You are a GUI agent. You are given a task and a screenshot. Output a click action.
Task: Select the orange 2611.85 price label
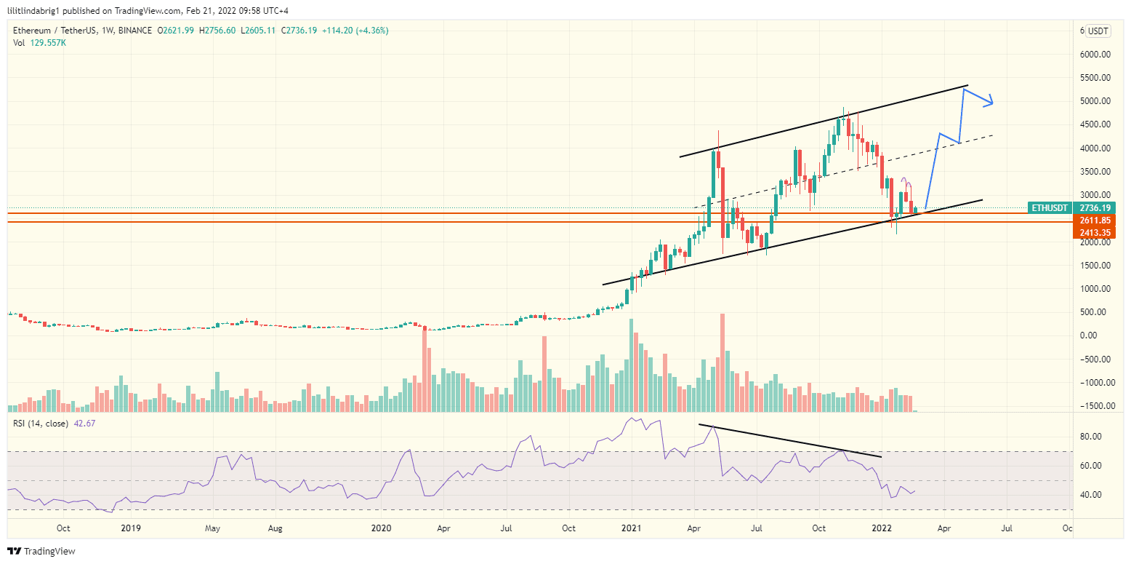click(x=1093, y=221)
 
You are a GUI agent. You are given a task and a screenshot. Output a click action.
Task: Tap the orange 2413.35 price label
click(x=1093, y=233)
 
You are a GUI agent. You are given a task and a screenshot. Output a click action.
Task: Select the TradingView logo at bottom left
click(x=41, y=551)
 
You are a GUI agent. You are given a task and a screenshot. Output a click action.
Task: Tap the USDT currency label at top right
click(x=1098, y=31)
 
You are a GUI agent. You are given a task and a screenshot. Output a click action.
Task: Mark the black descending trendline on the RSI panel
click(x=790, y=440)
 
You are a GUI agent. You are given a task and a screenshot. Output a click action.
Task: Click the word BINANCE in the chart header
click(x=134, y=31)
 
